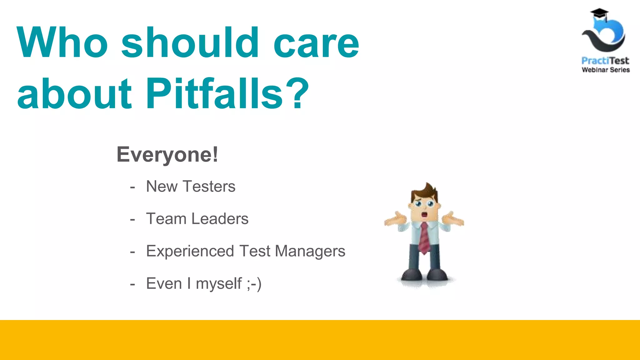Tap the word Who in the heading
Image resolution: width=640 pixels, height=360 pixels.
(62, 43)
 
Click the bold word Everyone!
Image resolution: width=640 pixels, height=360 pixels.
(167, 154)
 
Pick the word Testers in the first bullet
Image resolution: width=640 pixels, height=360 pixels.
(209, 187)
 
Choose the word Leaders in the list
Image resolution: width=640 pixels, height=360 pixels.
(220, 219)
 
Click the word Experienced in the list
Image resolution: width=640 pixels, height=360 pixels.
(190, 251)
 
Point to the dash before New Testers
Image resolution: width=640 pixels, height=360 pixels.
(132, 187)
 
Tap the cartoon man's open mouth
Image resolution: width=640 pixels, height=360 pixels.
(424, 215)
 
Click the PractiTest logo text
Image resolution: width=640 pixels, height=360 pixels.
(605, 61)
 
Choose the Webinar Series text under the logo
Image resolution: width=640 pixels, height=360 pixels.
(606, 70)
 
